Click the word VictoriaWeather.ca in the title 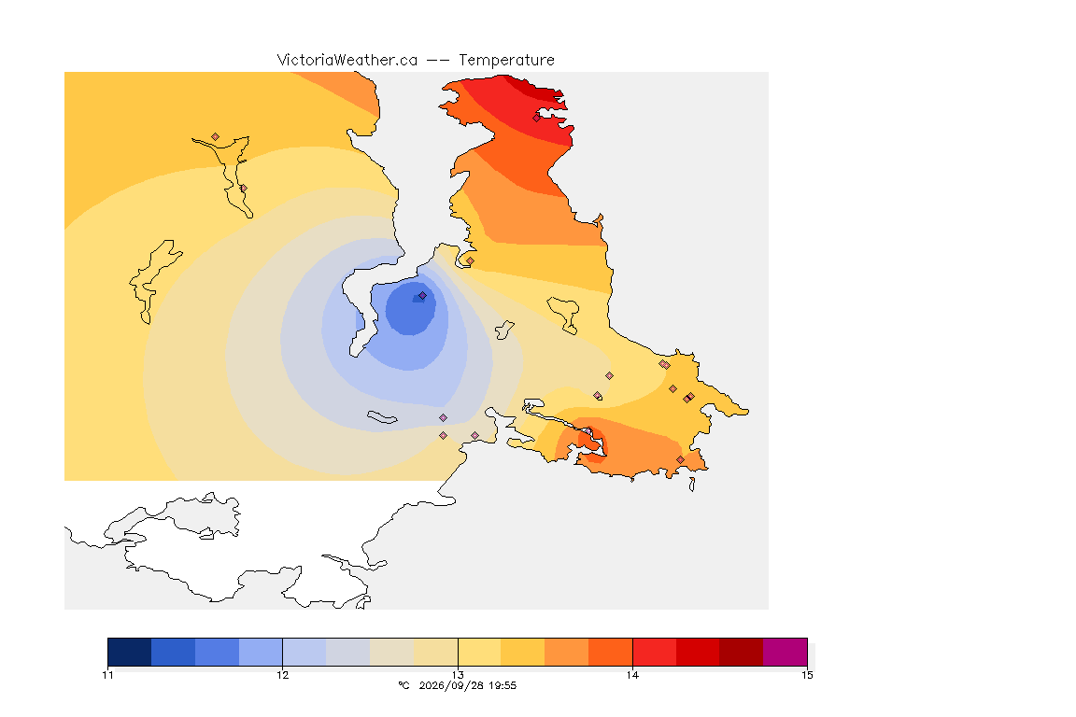click(347, 61)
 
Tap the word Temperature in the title click(506, 61)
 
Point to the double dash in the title click(438, 61)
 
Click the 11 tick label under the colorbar click(107, 675)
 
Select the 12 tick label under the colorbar click(283, 675)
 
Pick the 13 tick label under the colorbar click(458, 675)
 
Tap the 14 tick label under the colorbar click(632, 675)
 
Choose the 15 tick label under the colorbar click(807, 675)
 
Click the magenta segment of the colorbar click(785, 652)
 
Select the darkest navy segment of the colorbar click(130, 652)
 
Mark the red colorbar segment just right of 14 click(654, 652)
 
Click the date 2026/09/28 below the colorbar click(448, 685)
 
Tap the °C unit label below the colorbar click(403, 685)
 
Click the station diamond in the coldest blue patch click(423, 296)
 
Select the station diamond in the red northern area click(537, 118)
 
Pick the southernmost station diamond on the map click(680, 459)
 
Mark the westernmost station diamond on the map click(216, 137)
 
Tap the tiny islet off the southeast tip click(692, 485)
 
